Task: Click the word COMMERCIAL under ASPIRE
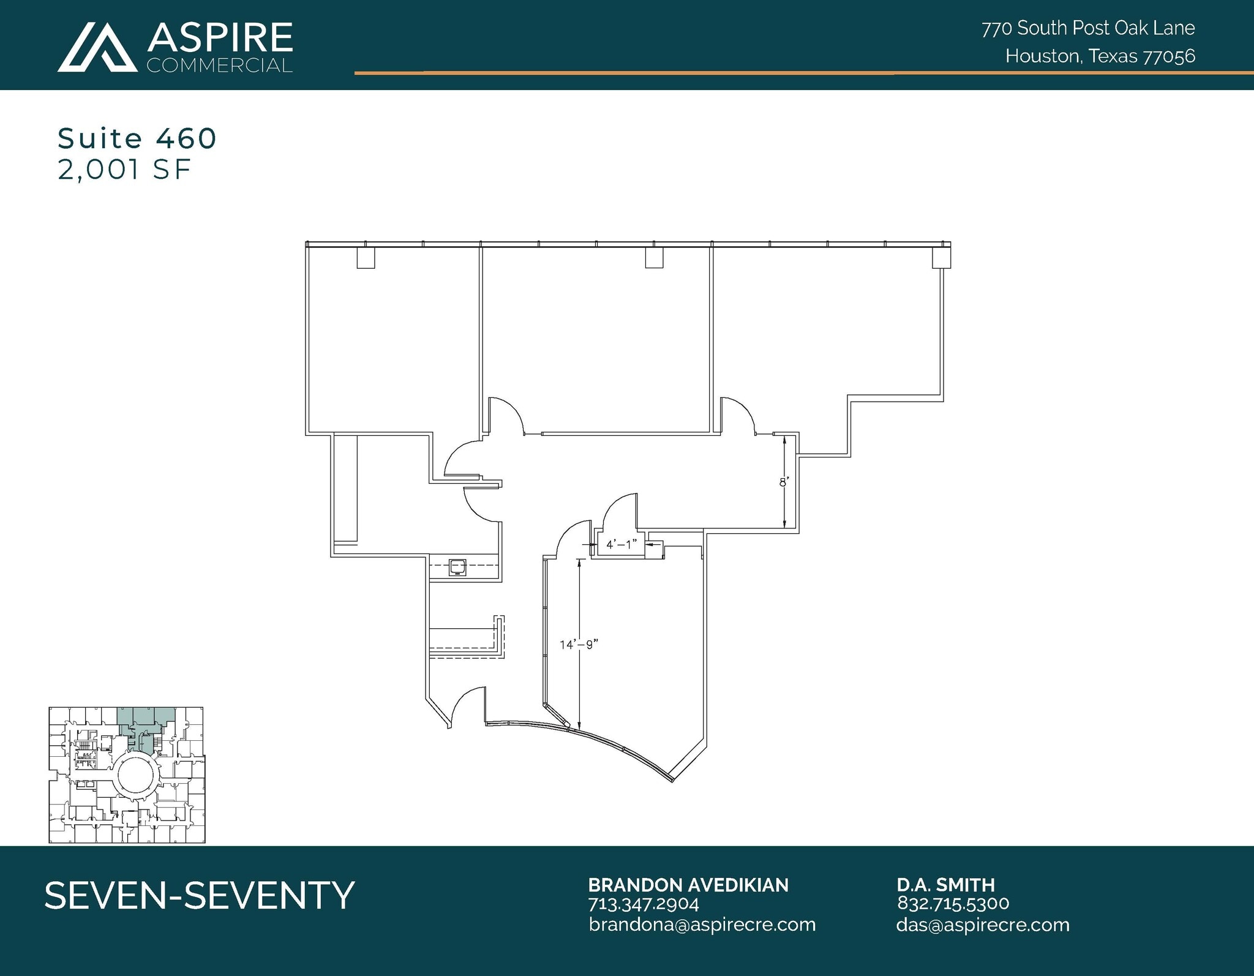pyautogui.click(x=219, y=66)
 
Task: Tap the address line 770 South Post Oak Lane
pyautogui.click(x=1088, y=28)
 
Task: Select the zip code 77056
pyautogui.click(x=1170, y=56)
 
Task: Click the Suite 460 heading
pyautogui.click(x=137, y=138)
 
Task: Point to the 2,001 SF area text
pyautogui.click(x=124, y=170)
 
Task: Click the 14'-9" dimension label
pyautogui.click(x=578, y=644)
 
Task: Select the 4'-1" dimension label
pyautogui.click(x=621, y=544)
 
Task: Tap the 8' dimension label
pyautogui.click(x=783, y=482)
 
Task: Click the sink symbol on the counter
pyautogui.click(x=457, y=568)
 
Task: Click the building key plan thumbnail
pyautogui.click(x=127, y=775)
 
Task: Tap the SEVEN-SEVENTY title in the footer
pyautogui.click(x=200, y=895)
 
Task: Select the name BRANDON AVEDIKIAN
pyautogui.click(x=688, y=885)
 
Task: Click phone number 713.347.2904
pyautogui.click(x=643, y=904)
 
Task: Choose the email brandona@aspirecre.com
pyautogui.click(x=702, y=925)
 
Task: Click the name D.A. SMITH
pyautogui.click(x=945, y=885)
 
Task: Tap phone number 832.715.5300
pyautogui.click(x=953, y=903)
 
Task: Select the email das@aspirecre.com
pyautogui.click(x=982, y=925)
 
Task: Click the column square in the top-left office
pyautogui.click(x=366, y=258)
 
